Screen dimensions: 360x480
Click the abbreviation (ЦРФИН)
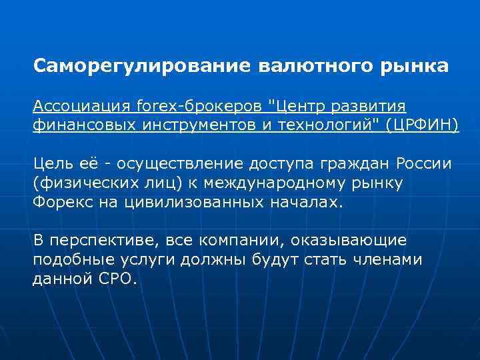423,125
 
